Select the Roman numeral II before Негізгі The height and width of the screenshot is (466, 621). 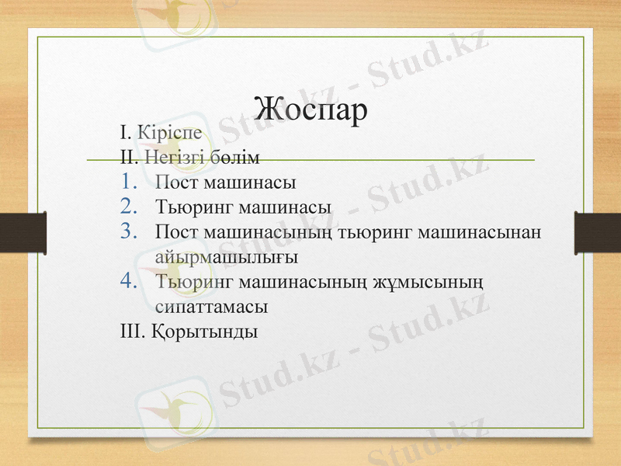(130, 156)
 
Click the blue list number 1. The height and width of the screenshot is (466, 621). (130, 183)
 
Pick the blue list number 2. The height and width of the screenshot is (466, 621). (130, 207)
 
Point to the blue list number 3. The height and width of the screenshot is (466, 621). (130, 231)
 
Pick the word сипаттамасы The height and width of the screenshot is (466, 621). (211, 305)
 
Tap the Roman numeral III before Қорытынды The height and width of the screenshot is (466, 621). (131, 331)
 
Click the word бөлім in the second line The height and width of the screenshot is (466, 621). (233, 156)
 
